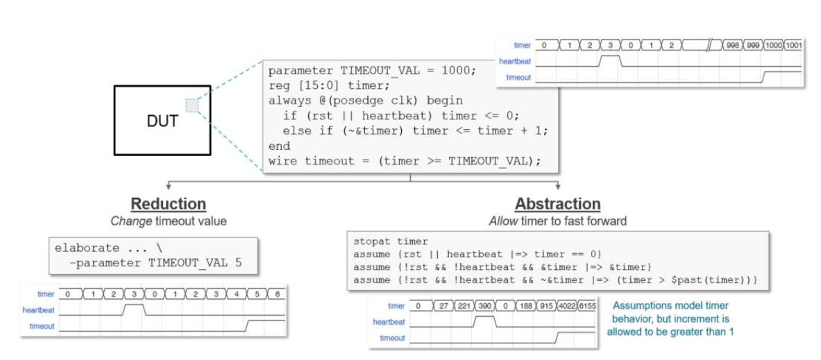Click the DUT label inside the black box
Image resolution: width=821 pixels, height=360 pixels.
(162, 121)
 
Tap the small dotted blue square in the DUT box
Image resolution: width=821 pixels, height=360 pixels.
(193, 105)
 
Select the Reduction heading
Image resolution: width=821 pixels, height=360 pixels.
(169, 204)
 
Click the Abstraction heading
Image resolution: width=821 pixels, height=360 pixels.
(557, 204)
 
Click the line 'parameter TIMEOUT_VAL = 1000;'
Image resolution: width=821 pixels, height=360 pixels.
(373, 71)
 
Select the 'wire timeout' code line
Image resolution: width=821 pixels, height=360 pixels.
(404, 161)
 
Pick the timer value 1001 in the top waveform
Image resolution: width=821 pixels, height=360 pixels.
(793, 45)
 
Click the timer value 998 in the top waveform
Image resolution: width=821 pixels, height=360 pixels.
(732, 45)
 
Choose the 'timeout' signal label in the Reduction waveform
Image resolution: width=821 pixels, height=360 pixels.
(42, 326)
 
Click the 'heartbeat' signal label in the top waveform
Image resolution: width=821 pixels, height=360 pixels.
(515, 61)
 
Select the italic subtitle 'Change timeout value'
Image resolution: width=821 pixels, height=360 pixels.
(169, 221)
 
